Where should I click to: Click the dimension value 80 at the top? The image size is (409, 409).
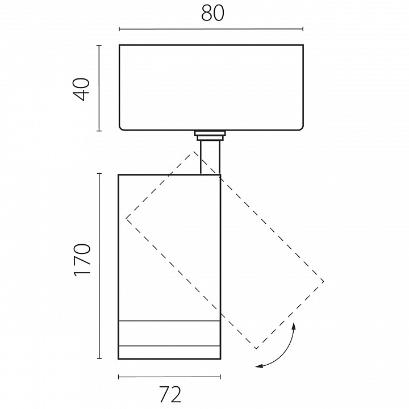(x=212, y=13)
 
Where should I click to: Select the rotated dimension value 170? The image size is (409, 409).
(x=82, y=260)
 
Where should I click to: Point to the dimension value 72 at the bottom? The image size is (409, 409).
(x=170, y=395)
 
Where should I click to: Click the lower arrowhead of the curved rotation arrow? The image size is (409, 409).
(x=259, y=366)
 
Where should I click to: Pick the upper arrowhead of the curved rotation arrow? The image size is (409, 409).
(x=294, y=326)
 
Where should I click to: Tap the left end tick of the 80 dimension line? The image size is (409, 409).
(x=119, y=29)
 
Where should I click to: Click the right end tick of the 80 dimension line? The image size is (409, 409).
(x=303, y=29)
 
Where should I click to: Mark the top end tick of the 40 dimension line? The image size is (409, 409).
(x=99, y=45)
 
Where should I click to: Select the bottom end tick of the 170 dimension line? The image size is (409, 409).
(x=99, y=358)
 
